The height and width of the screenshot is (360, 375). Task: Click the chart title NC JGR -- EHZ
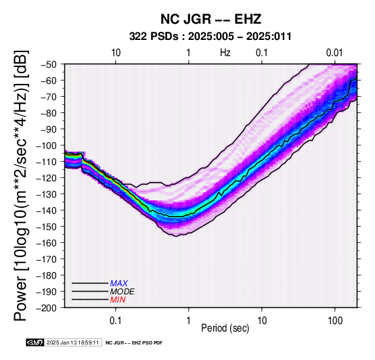[211, 19]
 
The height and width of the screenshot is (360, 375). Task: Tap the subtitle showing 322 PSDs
[211, 37]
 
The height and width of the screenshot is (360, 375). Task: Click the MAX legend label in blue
[119, 284]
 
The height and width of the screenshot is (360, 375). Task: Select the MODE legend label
[123, 292]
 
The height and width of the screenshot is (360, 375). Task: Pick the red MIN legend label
[118, 300]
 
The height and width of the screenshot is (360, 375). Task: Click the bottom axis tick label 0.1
[115, 321]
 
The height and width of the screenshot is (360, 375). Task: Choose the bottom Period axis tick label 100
[335, 321]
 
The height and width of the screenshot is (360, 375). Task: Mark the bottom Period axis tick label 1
[189, 321]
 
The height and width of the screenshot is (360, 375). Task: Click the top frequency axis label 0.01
[334, 53]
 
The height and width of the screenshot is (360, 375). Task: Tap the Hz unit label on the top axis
[225, 53]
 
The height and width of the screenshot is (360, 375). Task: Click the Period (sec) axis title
[225, 328]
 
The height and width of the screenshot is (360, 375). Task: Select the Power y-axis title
[21, 185]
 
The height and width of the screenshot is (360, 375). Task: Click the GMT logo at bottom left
[35, 342]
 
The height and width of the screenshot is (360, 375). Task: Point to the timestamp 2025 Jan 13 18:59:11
[72, 342]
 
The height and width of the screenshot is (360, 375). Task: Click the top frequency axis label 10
[116, 53]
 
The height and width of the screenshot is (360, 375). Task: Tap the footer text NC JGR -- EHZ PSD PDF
[134, 343]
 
